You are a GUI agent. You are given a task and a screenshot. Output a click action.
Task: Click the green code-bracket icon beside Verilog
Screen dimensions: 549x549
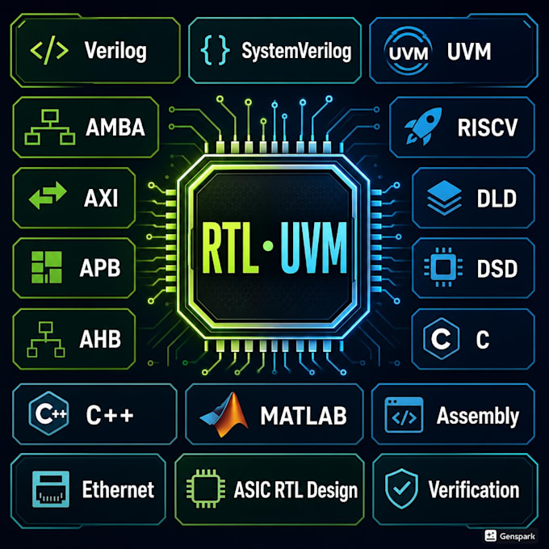tap(49, 51)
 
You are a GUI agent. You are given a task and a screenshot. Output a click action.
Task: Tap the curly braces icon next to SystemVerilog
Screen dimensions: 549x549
tap(215, 50)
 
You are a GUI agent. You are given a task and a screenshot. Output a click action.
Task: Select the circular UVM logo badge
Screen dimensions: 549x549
tap(409, 51)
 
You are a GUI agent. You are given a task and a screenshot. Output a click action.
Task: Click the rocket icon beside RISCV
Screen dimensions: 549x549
tap(423, 127)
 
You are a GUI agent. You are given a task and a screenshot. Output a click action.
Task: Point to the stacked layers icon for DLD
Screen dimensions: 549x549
tap(444, 198)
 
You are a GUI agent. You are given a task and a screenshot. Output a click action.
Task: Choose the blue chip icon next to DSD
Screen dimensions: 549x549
tap(443, 267)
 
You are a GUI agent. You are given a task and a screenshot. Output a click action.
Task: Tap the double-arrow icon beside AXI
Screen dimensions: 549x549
tap(48, 195)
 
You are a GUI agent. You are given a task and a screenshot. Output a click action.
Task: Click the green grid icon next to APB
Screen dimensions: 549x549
tap(47, 267)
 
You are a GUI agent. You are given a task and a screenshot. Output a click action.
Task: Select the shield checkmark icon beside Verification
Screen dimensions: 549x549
tap(401, 488)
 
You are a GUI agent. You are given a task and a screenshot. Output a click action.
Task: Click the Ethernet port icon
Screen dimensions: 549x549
tap(50, 488)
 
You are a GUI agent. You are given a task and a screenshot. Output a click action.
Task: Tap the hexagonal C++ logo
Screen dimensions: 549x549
tap(49, 413)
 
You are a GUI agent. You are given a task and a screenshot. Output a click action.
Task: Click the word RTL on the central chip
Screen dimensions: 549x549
tap(230, 248)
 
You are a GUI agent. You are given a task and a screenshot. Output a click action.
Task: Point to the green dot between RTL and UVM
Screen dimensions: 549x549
tap(268, 245)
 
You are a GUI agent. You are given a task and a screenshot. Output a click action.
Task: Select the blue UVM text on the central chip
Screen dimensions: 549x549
tap(314, 248)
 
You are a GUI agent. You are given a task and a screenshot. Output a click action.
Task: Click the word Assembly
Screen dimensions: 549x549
tap(478, 417)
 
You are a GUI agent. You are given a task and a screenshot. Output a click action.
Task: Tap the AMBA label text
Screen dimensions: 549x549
tap(115, 127)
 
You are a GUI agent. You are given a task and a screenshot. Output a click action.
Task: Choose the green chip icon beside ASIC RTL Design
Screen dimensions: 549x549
tap(206, 488)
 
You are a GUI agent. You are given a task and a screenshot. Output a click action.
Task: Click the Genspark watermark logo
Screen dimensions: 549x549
tap(509, 536)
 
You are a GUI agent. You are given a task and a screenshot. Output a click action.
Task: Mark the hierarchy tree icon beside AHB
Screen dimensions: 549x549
tap(46, 339)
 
